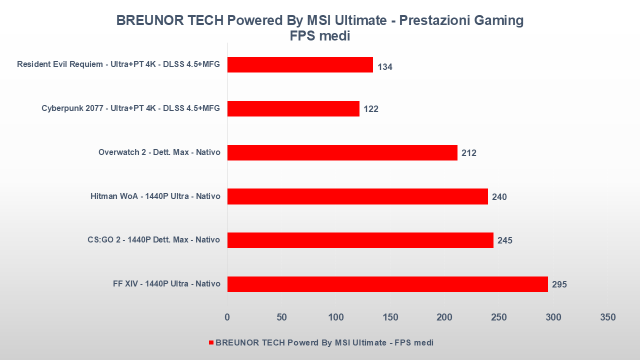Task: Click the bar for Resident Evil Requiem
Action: point(300,64)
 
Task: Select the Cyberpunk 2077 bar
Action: point(293,108)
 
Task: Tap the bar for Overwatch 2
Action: point(342,152)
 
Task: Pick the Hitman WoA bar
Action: point(357,196)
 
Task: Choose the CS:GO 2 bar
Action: point(360,240)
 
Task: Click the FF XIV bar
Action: point(387,284)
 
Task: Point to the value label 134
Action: point(385,67)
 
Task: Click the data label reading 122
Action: point(371,109)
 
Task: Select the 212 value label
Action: point(469,153)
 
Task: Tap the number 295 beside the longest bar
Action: point(559,285)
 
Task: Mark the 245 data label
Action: point(505,240)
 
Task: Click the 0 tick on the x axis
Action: point(227,317)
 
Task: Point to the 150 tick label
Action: point(390,317)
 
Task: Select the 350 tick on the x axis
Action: point(607,317)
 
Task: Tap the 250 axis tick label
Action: point(499,317)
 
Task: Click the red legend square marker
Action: point(211,342)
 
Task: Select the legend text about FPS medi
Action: point(324,342)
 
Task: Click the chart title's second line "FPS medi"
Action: point(320,36)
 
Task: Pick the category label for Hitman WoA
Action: point(155,196)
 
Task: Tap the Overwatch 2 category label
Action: point(159,152)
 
